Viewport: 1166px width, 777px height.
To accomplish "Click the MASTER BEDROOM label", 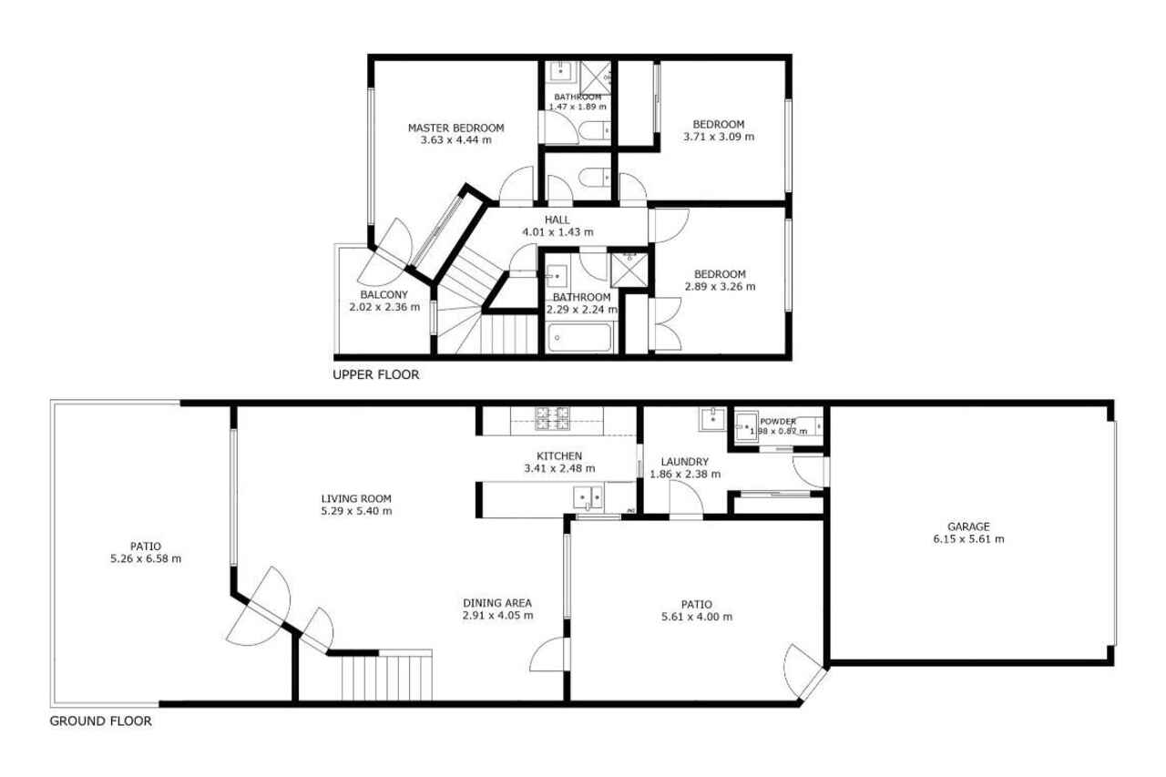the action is pos(456,128).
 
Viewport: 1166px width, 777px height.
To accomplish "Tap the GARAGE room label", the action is pos(968,527).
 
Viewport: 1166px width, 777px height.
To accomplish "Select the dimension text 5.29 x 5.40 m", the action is pos(356,511).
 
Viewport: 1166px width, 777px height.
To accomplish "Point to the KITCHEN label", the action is pos(559,455).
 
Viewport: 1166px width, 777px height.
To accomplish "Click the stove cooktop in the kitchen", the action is pos(552,418).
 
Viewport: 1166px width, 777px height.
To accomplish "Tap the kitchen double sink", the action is pos(588,498).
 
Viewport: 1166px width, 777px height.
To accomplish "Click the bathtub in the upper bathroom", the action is pos(578,338).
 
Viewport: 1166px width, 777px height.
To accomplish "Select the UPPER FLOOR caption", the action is pos(376,374).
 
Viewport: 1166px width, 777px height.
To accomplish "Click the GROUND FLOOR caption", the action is pos(101,721).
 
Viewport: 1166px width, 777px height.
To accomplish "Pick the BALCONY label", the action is pos(384,294).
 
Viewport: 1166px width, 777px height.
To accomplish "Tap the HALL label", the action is pos(557,220).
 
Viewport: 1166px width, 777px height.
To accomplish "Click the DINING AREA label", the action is pos(497,603).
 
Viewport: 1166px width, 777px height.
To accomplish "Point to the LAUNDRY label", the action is pos(684,462).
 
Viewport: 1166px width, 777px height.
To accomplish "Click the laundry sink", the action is pos(713,419).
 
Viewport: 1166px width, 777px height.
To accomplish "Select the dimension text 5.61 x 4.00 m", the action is pos(697,617).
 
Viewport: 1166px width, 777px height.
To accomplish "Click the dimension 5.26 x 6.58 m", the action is pos(146,559).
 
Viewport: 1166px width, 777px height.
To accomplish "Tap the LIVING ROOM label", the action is pos(356,498).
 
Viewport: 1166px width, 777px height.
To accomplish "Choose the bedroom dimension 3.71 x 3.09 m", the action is pos(719,137).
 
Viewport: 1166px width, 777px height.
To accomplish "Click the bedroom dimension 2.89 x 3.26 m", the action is pos(720,287).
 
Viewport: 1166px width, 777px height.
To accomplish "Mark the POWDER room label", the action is pos(778,422).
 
